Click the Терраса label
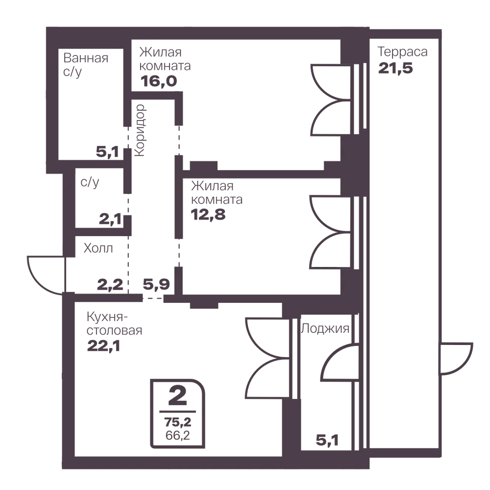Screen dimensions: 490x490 coord(402,52)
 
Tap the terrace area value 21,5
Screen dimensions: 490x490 coord(395,68)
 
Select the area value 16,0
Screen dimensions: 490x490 coord(159,81)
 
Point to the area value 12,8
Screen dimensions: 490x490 coord(208,215)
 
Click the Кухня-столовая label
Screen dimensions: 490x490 coord(114,323)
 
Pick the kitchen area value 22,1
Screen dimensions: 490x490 coord(103,346)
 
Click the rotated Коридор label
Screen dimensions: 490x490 coord(139,130)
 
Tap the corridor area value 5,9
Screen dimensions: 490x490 coord(156,284)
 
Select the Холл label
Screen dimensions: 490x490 coord(98,248)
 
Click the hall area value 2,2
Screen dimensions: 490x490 coord(110,285)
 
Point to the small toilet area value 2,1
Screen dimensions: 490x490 coord(110,219)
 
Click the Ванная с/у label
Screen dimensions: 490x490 coord(86,65)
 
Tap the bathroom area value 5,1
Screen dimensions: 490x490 coord(107,152)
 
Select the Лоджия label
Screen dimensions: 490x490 coord(325,328)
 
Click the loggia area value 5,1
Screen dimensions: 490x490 coord(327,441)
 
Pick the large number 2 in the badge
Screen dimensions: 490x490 coord(177,395)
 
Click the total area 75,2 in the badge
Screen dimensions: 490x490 coord(178,422)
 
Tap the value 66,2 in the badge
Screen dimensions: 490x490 coord(178,435)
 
